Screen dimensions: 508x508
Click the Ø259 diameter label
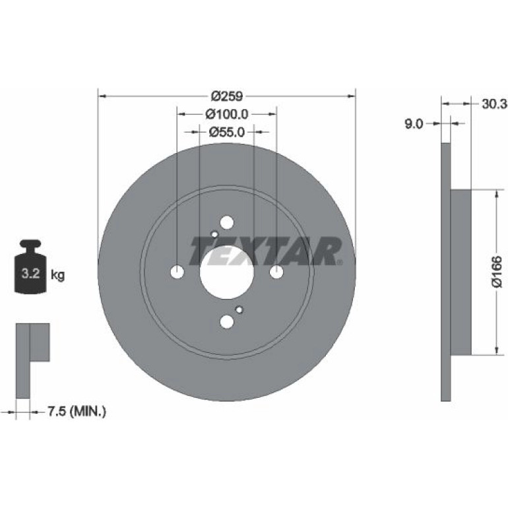click(226, 96)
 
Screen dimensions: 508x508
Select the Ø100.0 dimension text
click(226, 114)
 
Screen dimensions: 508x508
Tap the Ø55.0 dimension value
click(226, 132)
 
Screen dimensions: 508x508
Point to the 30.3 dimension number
click(493, 104)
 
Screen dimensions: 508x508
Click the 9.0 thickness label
click(414, 123)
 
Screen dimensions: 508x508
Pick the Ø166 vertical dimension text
click(497, 272)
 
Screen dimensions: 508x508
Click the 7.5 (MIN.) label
click(77, 412)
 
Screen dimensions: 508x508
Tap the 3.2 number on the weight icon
click(30, 274)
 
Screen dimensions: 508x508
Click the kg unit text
click(57, 276)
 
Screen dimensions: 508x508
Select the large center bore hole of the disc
click(226, 272)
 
